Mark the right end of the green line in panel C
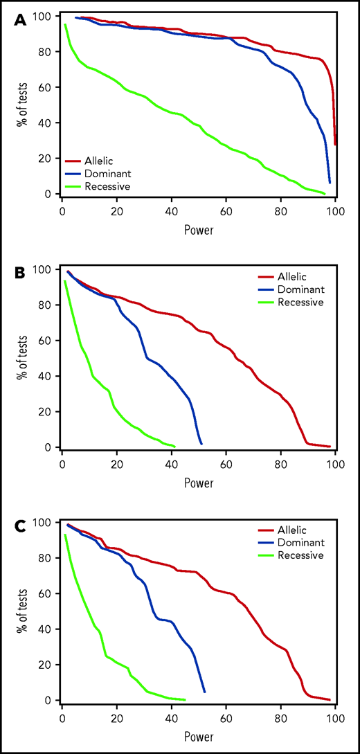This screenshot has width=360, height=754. pos(185,699)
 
